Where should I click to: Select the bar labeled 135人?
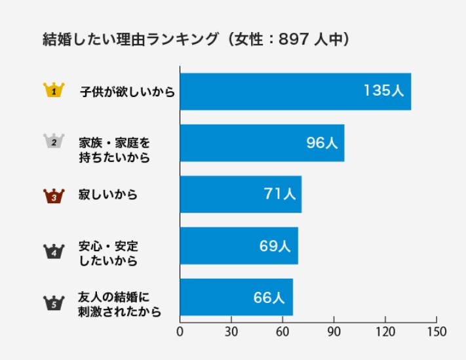tap(295, 92)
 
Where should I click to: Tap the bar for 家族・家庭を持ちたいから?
tap(262, 143)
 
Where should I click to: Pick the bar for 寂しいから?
tap(241, 194)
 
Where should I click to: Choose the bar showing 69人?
tap(239, 246)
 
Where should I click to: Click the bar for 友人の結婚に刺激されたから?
tap(236, 297)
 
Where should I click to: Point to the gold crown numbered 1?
tap(53, 90)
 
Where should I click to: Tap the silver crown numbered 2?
tap(53, 141)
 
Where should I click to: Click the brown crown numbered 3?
tap(53, 195)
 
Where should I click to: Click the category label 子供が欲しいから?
tap(127, 92)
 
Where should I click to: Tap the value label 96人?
tap(322, 143)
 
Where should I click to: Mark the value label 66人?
tap(269, 297)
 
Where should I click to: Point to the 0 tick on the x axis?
tap(180, 331)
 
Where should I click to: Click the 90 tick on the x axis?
tap(334, 331)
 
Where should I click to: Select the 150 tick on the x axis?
tap(437, 331)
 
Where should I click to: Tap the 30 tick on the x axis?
tap(231, 331)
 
